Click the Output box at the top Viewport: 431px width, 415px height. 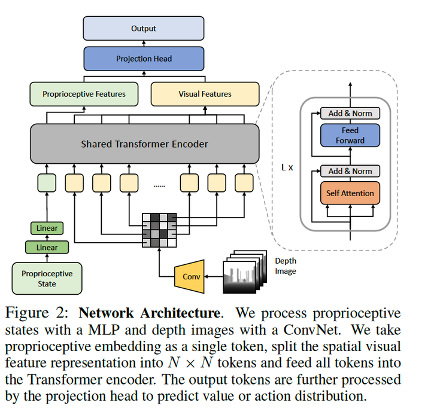pyautogui.click(x=144, y=28)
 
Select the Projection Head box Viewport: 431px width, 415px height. pyautogui.click(x=144, y=59)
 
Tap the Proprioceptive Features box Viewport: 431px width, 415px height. pyautogui.click(x=84, y=94)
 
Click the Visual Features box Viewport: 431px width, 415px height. pyautogui.click(x=205, y=94)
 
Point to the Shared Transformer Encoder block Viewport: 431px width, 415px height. pyautogui.click(x=144, y=144)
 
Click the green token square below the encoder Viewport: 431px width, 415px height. pyautogui.click(x=47, y=182)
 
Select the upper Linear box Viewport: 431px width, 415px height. pyautogui.click(x=47, y=228)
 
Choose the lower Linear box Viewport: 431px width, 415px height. pyautogui.click(x=47, y=247)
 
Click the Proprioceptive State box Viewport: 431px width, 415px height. pyautogui.click(x=47, y=278)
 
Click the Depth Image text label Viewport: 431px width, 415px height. pyautogui.click(x=286, y=266)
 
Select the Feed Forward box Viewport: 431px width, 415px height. pyautogui.click(x=350, y=135)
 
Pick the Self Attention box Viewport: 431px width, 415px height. pyautogui.click(x=350, y=193)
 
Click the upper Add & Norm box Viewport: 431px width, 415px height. pyautogui.click(x=350, y=113)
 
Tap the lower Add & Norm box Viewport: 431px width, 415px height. pyautogui.click(x=350, y=171)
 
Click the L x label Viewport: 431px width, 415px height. pyautogui.click(x=287, y=167)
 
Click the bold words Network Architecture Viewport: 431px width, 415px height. pyautogui.click(x=149, y=313)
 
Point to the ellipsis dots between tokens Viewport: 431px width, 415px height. pyautogui.click(x=159, y=186)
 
